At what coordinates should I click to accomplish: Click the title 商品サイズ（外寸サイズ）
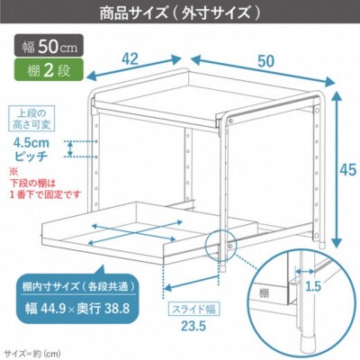click(x=180, y=13)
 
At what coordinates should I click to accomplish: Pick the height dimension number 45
click(x=346, y=170)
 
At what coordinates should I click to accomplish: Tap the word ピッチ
click(x=31, y=155)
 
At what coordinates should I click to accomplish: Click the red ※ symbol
click(x=13, y=171)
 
